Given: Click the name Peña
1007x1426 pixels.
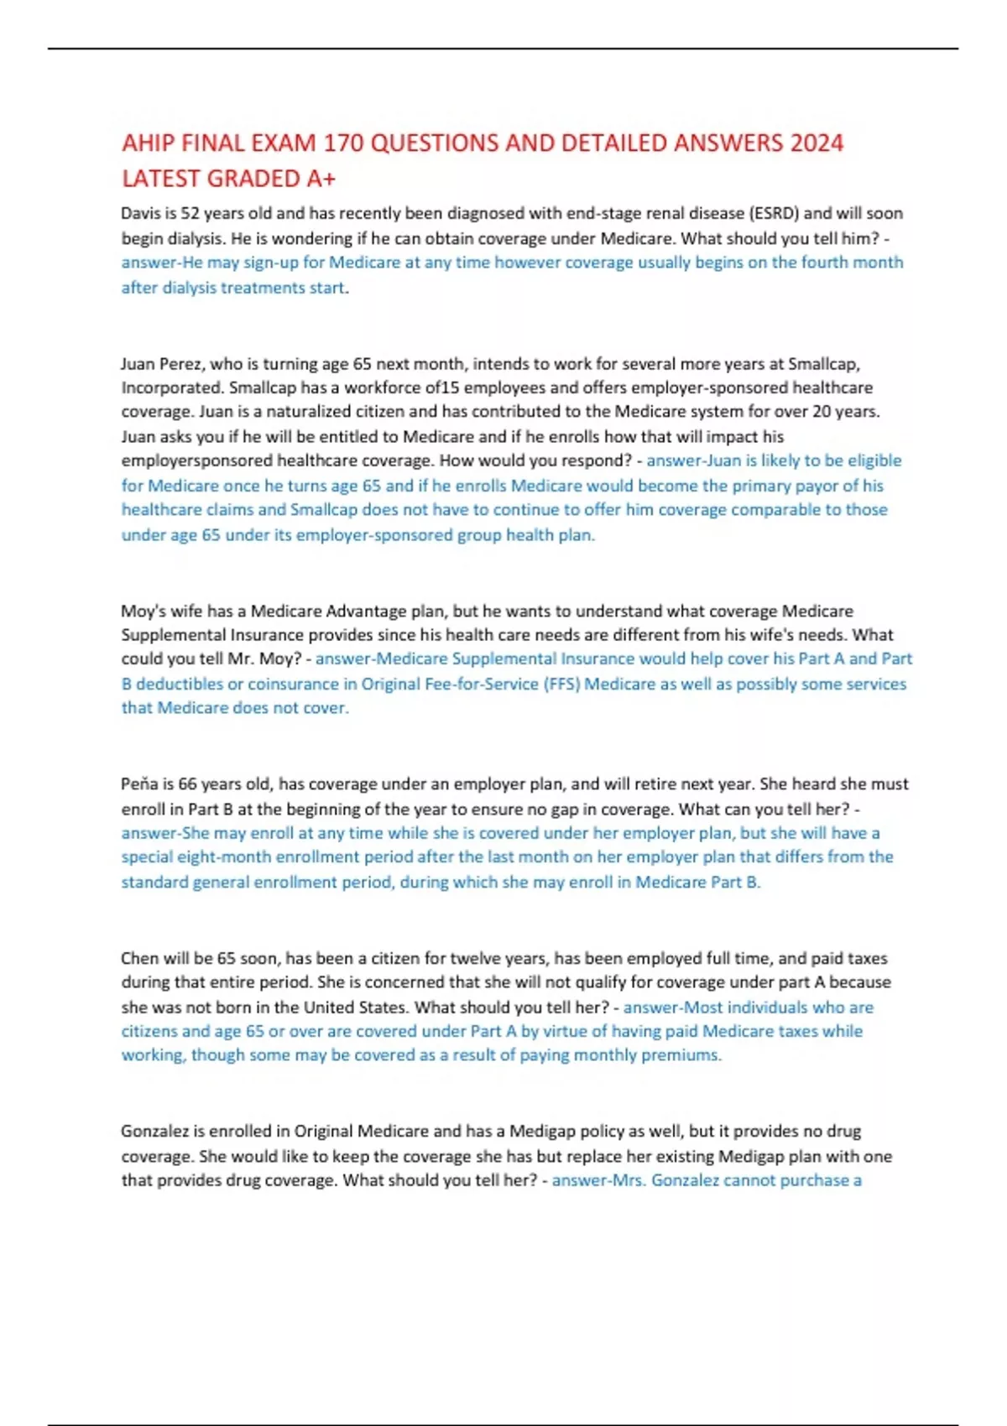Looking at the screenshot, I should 139,784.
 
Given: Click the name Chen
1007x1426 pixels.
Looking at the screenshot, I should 139,959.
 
